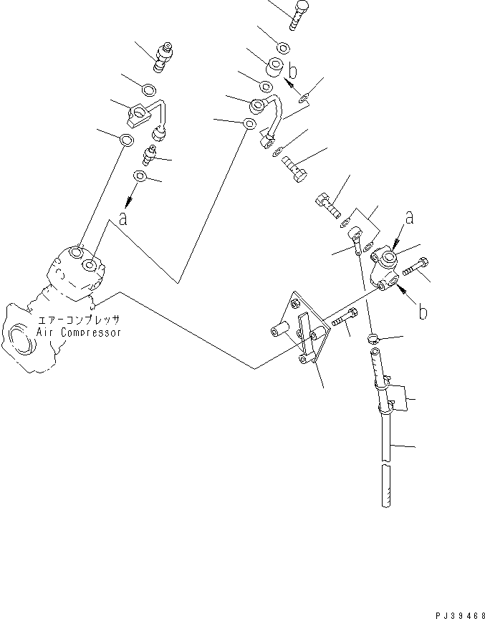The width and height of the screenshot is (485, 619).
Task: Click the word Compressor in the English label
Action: tap(90, 332)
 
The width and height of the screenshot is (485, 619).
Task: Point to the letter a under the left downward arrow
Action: tap(123, 219)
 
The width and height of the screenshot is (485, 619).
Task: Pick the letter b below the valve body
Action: tap(424, 312)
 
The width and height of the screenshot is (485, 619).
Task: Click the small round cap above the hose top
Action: tap(373, 338)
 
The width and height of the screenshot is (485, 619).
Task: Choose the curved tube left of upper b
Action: tap(270, 118)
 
